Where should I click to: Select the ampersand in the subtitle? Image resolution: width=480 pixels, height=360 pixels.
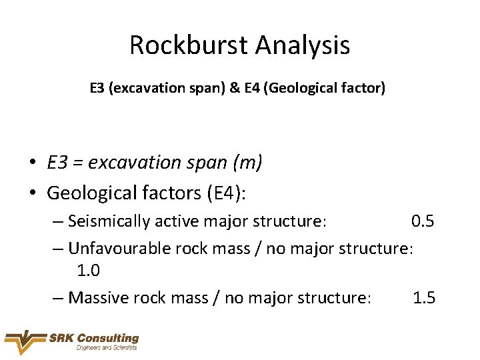point(254,87)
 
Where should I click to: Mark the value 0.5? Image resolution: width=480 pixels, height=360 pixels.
point(423,221)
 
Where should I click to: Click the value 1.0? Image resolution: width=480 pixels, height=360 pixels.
point(89,271)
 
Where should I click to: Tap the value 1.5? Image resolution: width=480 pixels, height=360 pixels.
point(424,297)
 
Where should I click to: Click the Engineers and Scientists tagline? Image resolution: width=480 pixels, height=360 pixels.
point(107,347)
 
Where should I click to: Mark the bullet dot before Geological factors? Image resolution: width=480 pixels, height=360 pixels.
point(32,193)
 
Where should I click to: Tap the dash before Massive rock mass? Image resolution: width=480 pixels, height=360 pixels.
point(58,297)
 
